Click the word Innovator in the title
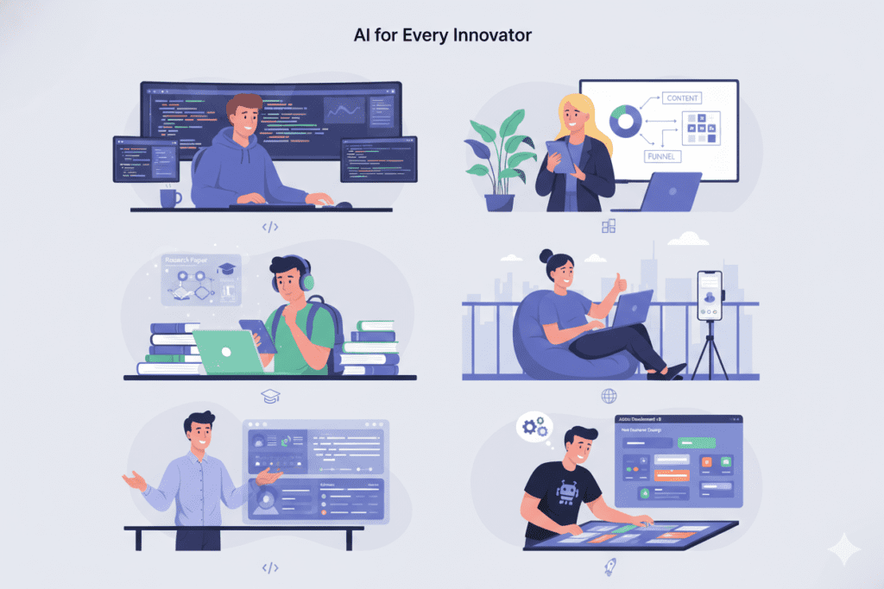495,36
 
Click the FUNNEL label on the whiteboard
663,157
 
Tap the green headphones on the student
306,279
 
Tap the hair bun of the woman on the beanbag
546,256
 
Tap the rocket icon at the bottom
610,566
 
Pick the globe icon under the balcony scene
609,396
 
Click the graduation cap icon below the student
269,395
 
